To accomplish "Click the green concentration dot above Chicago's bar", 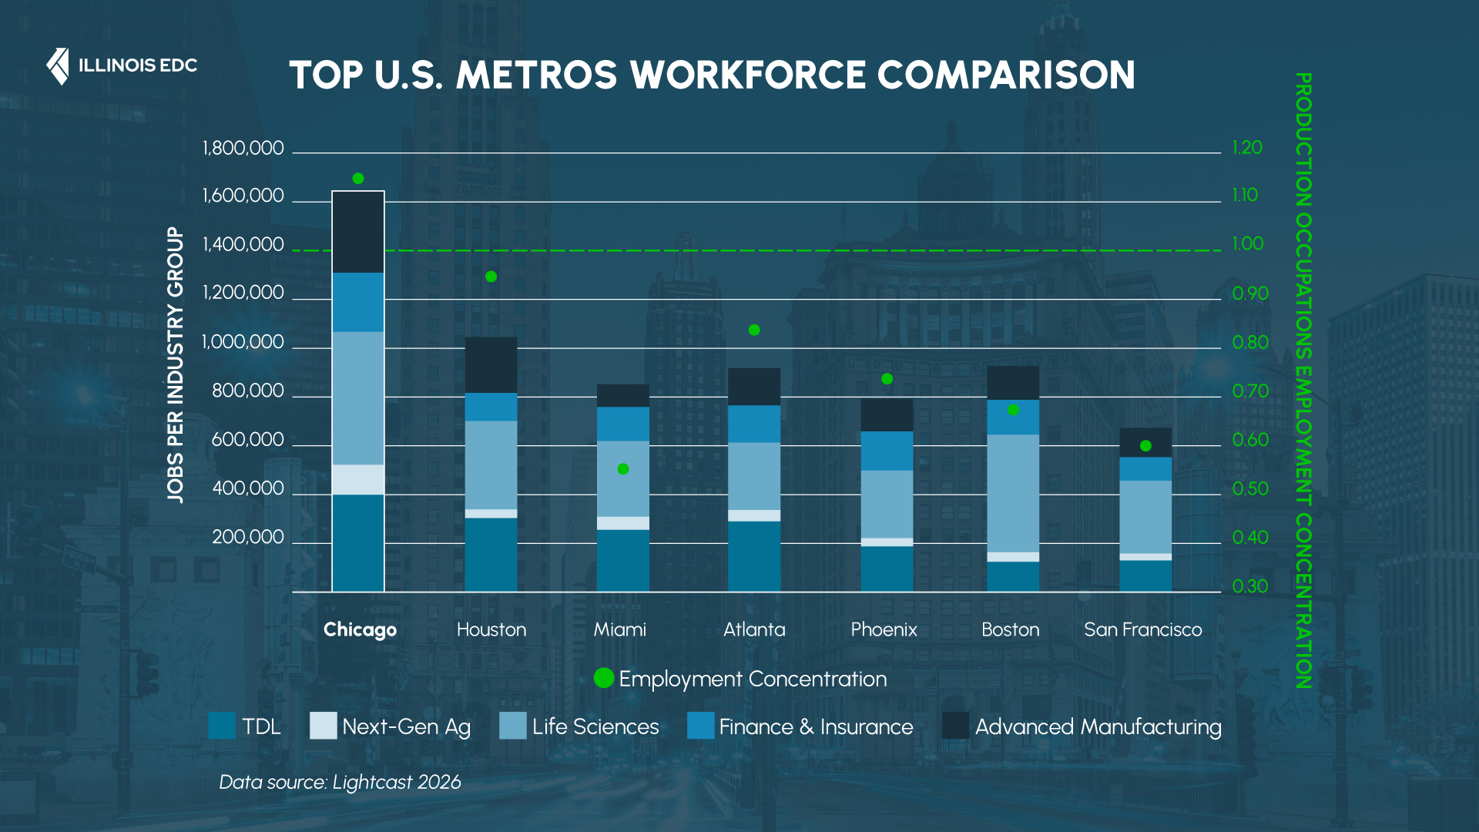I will [358, 179].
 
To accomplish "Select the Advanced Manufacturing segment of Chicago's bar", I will [358, 232].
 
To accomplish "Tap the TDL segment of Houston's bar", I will [491, 554].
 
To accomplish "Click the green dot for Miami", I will [623, 469].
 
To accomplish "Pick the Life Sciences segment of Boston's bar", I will [1013, 493].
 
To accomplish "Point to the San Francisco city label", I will [1142, 629].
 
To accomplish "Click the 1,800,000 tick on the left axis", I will [243, 148].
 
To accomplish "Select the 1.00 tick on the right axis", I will [1247, 244].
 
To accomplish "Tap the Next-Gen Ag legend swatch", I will [324, 726].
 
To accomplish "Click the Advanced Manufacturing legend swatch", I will [955, 726].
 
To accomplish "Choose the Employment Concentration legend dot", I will [604, 678].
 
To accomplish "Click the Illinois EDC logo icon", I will [58, 66].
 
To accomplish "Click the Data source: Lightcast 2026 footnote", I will [340, 782].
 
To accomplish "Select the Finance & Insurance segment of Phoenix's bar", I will [887, 451].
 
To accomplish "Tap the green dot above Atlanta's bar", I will [754, 330].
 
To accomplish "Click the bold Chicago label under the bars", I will [360, 629].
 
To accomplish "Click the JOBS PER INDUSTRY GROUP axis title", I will [176, 365].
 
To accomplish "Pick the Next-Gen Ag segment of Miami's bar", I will [623, 523].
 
